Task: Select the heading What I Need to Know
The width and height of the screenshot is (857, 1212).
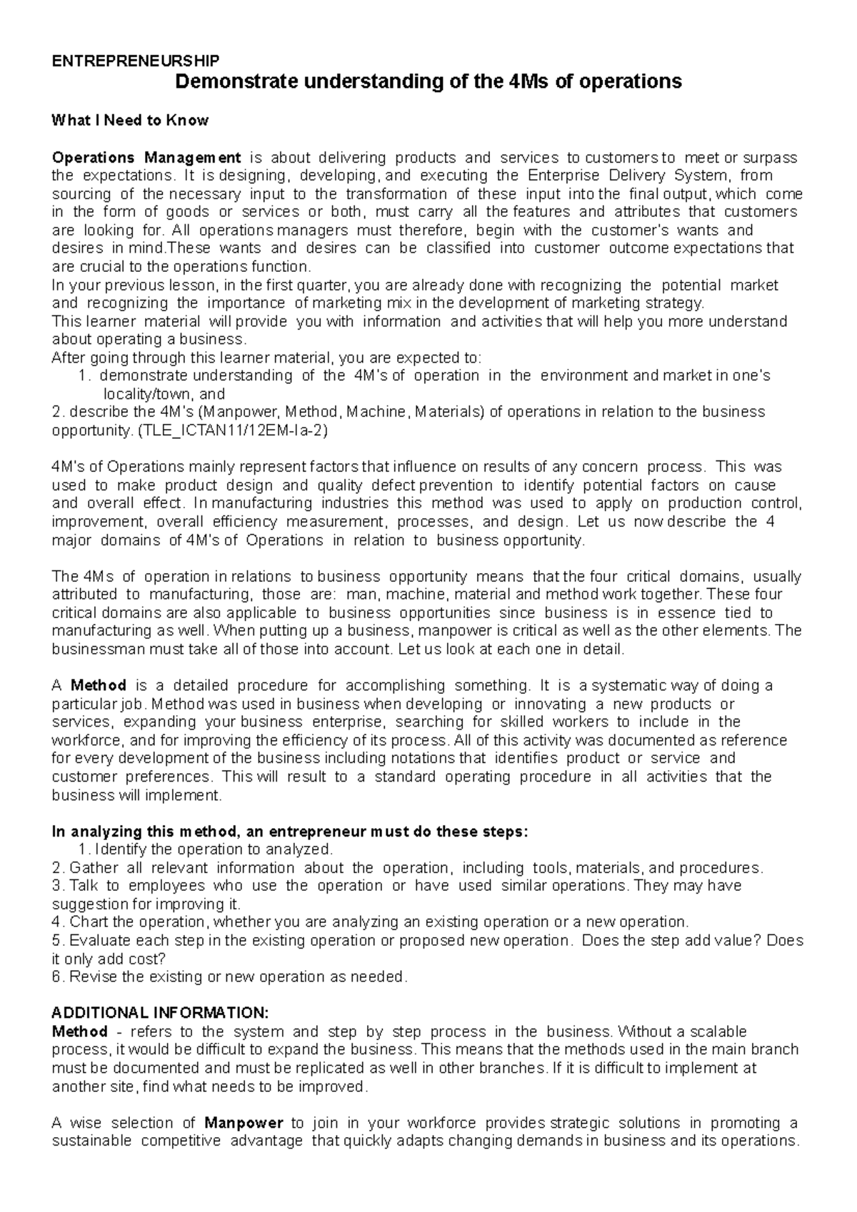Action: [x=130, y=120]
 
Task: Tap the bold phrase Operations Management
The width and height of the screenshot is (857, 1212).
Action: [x=147, y=157]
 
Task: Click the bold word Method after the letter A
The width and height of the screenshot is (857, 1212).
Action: [x=99, y=685]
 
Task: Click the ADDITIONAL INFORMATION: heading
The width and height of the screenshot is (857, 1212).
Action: [x=161, y=1013]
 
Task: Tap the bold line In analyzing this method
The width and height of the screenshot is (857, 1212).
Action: [x=290, y=831]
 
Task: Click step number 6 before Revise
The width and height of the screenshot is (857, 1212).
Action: [x=57, y=976]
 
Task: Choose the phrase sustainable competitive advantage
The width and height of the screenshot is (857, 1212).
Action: [x=178, y=1140]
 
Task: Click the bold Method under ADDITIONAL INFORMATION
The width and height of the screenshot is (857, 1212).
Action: [x=80, y=1031]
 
